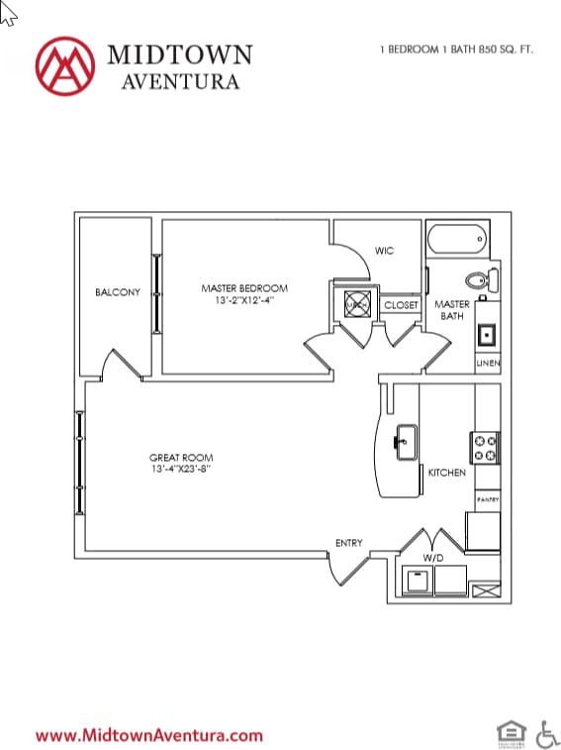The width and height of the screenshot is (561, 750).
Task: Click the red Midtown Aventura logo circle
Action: coord(64,65)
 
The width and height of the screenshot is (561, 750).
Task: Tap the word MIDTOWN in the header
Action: coord(179,54)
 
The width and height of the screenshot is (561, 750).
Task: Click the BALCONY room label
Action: coord(117,292)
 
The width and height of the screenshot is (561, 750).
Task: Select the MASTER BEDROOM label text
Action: coord(244,288)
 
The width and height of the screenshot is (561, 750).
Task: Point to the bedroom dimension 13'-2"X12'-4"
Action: coord(244,300)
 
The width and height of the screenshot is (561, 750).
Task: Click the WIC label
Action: coord(385,251)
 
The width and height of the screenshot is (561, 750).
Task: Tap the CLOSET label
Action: coord(401,305)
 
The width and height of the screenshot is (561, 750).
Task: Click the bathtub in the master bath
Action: coord(457,239)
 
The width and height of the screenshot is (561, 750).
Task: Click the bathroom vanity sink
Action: coord(487,335)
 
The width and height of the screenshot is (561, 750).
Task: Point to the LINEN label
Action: coord(488,364)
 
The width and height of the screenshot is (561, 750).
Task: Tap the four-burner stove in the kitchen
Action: coord(485,448)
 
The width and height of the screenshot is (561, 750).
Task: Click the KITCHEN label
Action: coord(446,473)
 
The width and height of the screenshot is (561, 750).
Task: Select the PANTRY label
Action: coord(488,500)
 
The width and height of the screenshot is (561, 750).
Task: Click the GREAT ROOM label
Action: coord(179,458)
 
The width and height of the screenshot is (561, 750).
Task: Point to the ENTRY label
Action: coord(348,543)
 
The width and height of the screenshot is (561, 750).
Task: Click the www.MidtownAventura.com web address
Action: coord(149,735)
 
